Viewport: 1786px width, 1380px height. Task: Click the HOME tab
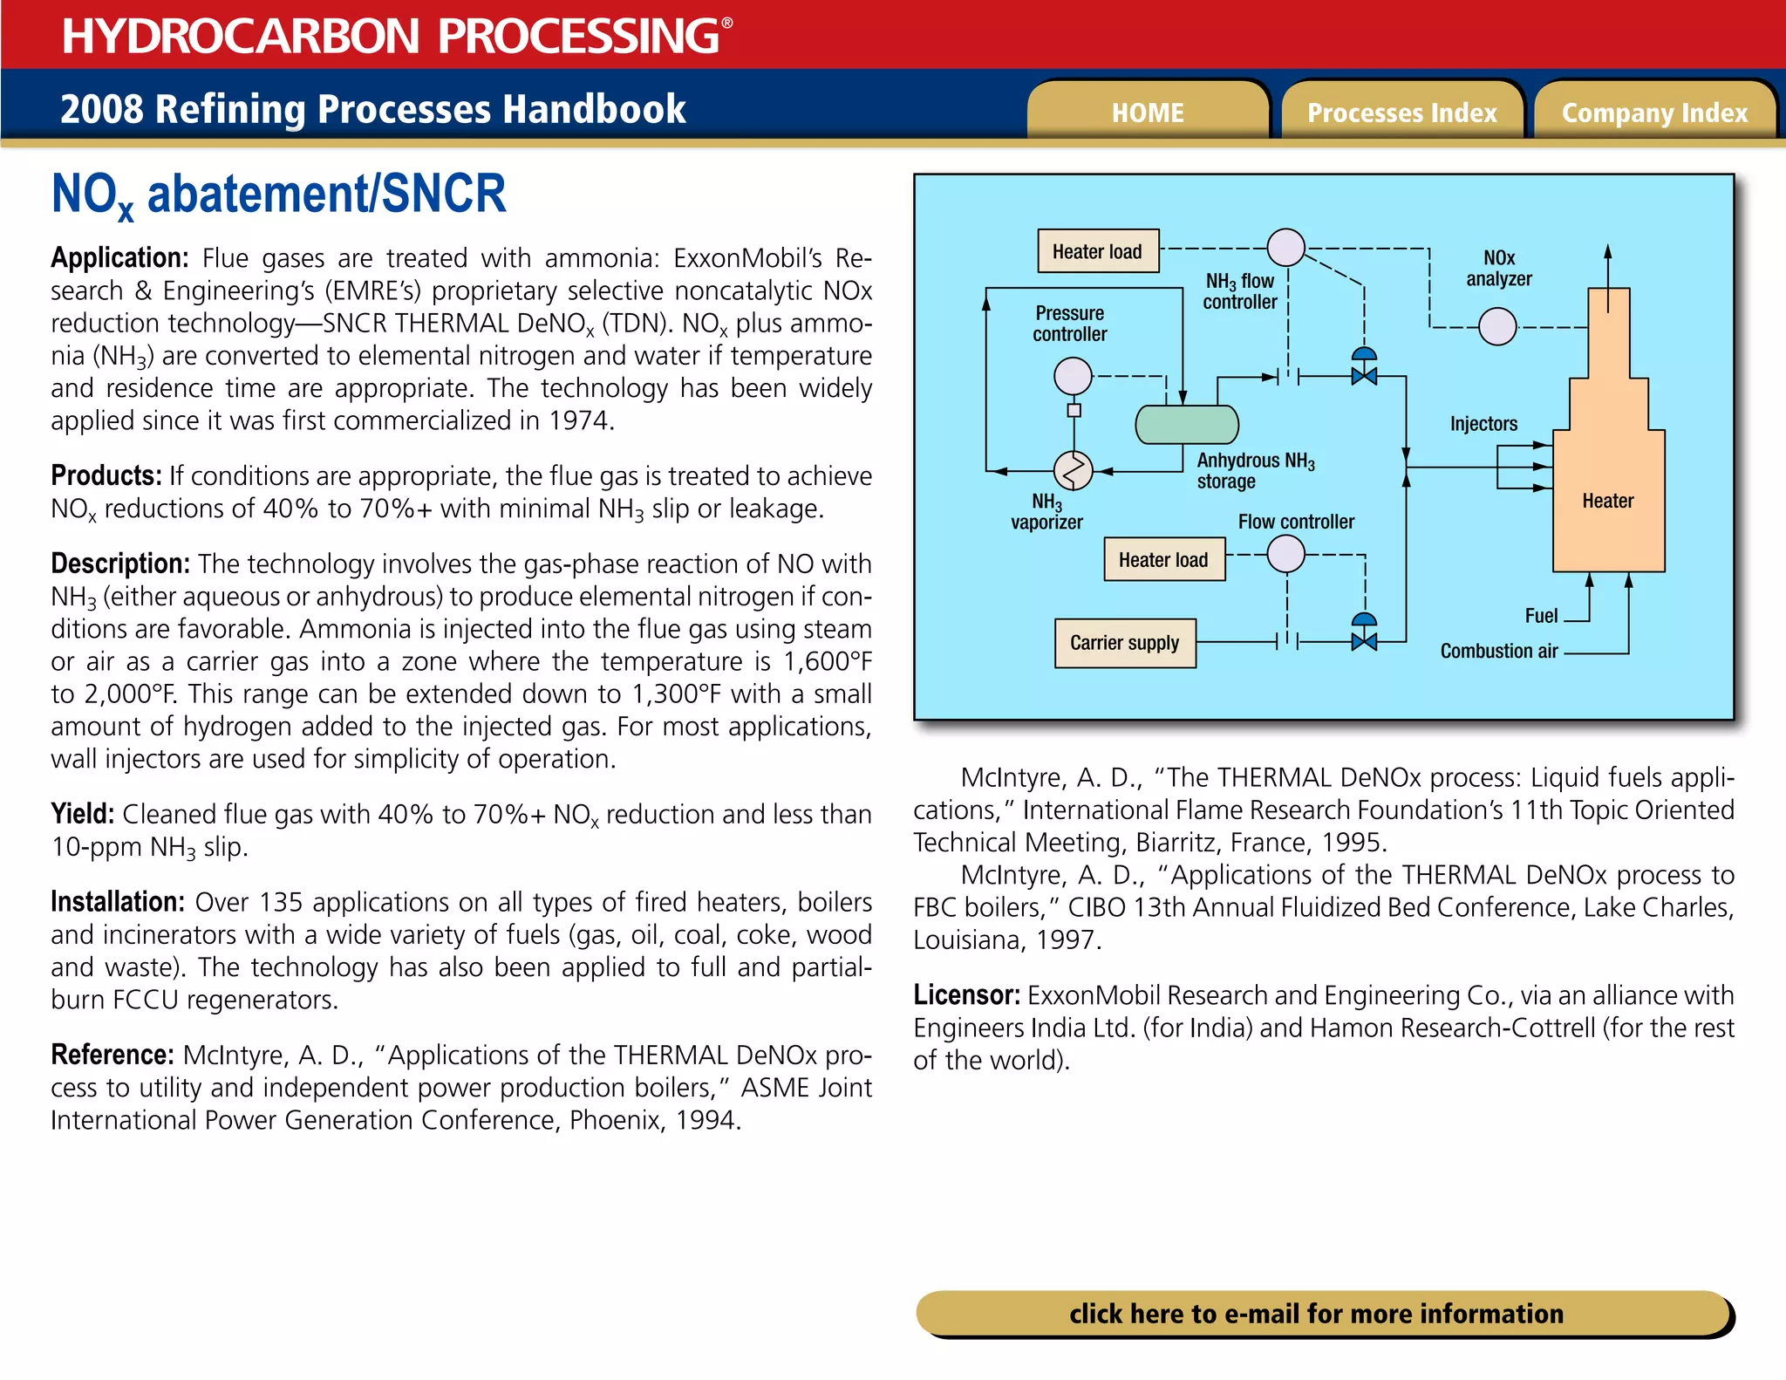click(x=1148, y=113)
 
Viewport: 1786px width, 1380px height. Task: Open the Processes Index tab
click(x=1401, y=113)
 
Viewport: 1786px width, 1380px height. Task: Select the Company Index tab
click(x=1654, y=113)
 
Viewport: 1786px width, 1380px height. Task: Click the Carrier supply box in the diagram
click(x=1125, y=643)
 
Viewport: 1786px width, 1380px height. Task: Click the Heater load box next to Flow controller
click(x=1164, y=560)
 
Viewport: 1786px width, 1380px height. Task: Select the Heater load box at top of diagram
click(x=1097, y=251)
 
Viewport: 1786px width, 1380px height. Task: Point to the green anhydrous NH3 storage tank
click(x=1187, y=425)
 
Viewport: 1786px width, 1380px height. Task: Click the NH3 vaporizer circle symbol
click(x=1074, y=471)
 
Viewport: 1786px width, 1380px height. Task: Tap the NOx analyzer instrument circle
click(x=1497, y=327)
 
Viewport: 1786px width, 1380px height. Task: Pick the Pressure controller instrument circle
click(x=1073, y=377)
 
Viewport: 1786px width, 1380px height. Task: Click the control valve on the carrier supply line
click(x=1364, y=641)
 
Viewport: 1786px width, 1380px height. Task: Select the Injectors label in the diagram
click(x=1483, y=424)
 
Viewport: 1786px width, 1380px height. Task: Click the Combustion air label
click(x=1498, y=652)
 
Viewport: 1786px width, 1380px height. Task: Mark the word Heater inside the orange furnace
click(x=1607, y=501)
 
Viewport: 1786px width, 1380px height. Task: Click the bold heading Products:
click(x=106, y=475)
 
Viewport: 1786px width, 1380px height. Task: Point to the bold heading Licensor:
click(x=966, y=995)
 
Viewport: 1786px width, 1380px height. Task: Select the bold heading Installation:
click(x=117, y=902)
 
